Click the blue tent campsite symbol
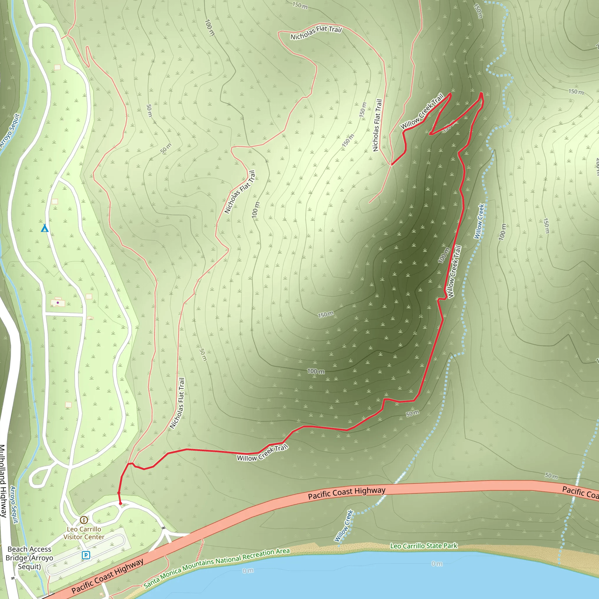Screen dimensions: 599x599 [x=45, y=228]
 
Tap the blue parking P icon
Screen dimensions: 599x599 [x=86, y=555]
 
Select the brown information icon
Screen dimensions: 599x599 [x=84, y=520]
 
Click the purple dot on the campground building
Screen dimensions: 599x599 [x=58, y=303]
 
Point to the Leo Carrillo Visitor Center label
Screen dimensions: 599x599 [x=84, y=533]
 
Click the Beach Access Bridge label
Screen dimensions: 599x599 [x=30, y=558]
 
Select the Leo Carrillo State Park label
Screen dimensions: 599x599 [x=424, y=546]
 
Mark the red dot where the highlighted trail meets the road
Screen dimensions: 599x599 [x=121, y=504]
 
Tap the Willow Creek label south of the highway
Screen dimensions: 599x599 [x=344, y=526]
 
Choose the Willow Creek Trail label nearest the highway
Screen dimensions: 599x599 [x=263, y=453]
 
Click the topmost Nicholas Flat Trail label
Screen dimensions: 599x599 [x=316, y=32]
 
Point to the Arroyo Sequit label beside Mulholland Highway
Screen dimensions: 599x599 [x=14, y=505]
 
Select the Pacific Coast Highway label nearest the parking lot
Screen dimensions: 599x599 [x=108, y=575]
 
